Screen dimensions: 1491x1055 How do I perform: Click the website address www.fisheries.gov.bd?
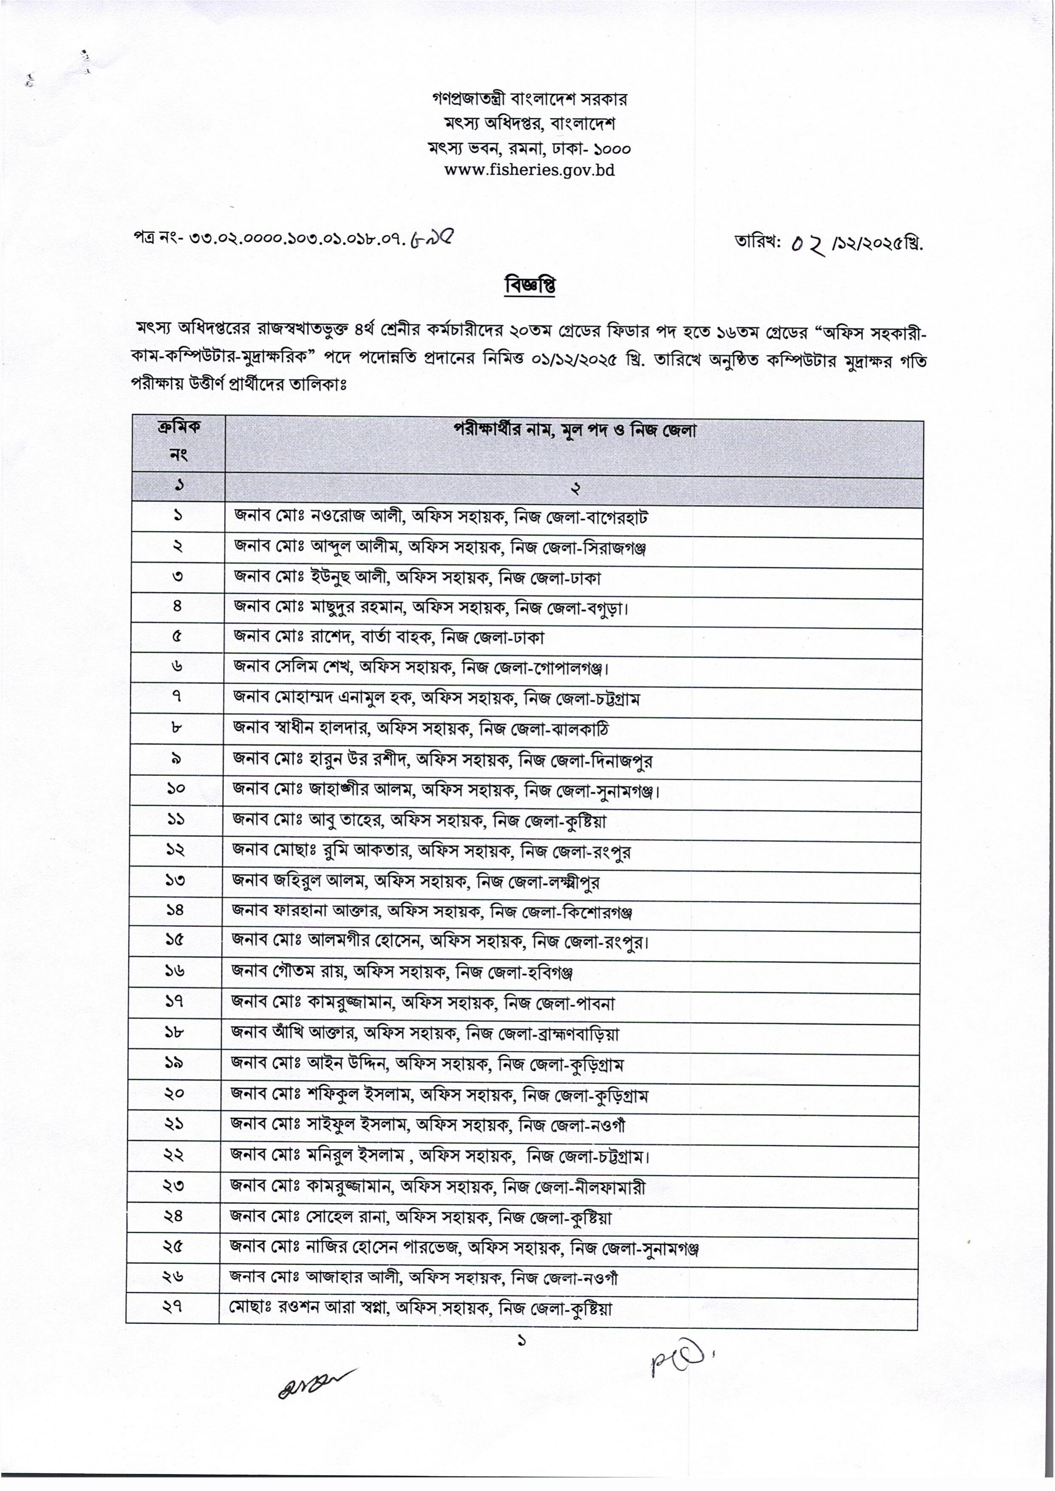(529, 171)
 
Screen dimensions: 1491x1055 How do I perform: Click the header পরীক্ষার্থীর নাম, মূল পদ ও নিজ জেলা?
(574, 430)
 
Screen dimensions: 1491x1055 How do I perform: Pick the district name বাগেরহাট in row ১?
(617, 518)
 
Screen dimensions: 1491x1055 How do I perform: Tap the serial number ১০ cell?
(175, 788)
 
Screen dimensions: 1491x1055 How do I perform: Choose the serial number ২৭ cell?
(173, 1307)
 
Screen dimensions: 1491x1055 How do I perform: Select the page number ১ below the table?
(520, 1340)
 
